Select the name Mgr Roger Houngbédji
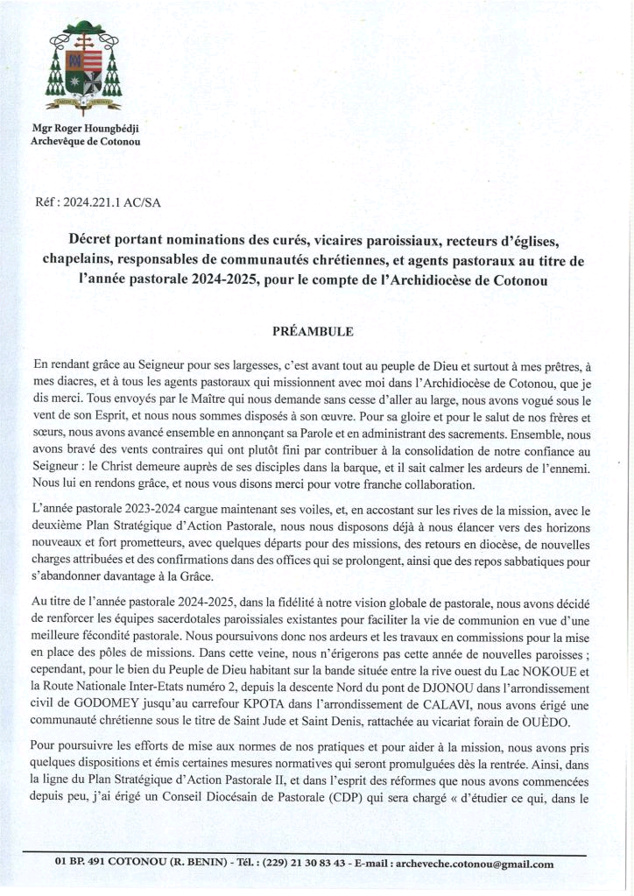86,129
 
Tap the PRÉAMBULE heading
313,332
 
